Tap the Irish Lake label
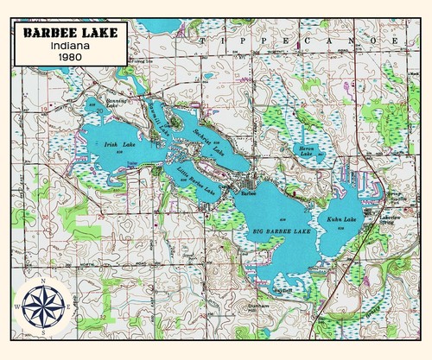click(x=115, y=145)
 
